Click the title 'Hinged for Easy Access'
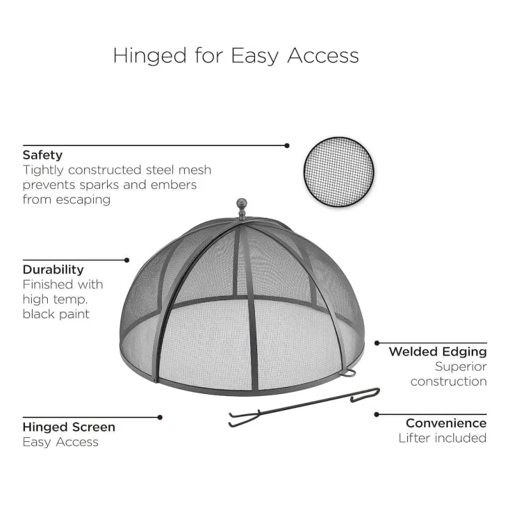point(236,55)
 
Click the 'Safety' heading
point(42,155)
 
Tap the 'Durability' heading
point(54,270)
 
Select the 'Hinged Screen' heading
point(69,427)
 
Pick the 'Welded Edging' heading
point(438,352)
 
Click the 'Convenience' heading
point(446,423)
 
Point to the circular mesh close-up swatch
point(339,171)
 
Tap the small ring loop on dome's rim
point(348,374)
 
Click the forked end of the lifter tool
point(244,419)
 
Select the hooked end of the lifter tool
point(365,394)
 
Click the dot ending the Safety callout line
point(287,146)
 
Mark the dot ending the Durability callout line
point(127,260)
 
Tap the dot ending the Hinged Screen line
point(160,418)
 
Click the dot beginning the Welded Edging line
point(377,343)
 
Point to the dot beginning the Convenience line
point(377,414)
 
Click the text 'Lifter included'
point(442,438)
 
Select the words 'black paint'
point(56,314)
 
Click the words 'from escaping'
point(67,200)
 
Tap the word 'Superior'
point(461,367)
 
